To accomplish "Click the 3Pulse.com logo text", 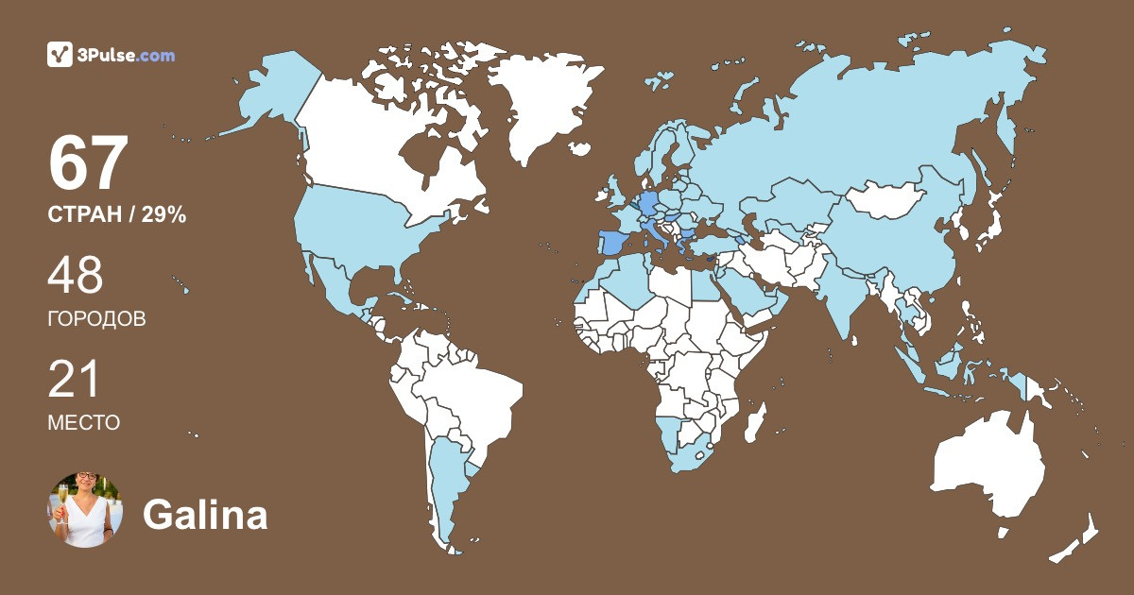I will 126,56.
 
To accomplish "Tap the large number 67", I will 88,163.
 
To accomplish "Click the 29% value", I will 163,215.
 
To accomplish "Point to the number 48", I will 76,276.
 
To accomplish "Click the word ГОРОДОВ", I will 96,319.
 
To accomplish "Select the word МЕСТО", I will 83,423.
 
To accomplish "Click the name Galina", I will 205,515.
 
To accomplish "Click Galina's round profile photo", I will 85,510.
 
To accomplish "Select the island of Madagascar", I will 754,421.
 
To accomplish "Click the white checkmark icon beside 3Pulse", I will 60,55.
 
